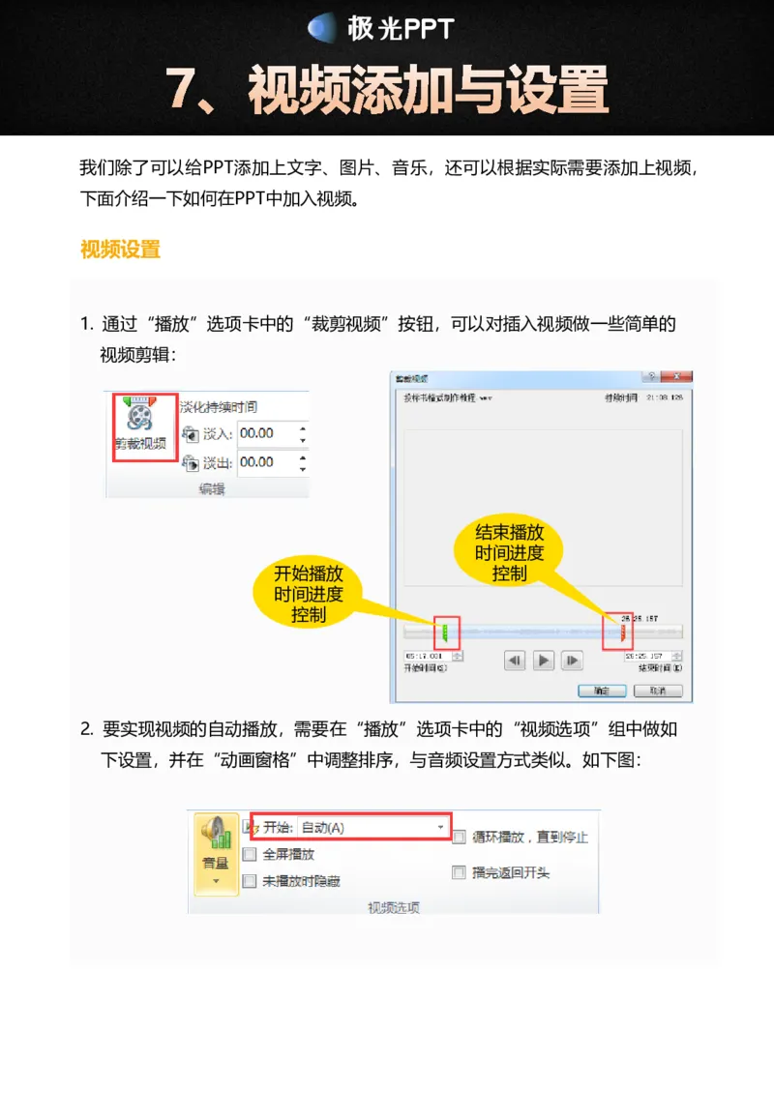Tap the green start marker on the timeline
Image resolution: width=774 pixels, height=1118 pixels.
(x=445, y=633)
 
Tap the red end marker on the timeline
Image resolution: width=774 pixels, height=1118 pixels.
(x=621, y=633)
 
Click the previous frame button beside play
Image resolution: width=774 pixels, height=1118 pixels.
(x=515, y=661)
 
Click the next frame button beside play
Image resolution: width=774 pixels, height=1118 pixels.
(x=574, y=661)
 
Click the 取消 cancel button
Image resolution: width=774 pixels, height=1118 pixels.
(x=658, y=691)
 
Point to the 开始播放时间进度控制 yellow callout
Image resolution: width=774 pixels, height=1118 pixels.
(x=308, y=593)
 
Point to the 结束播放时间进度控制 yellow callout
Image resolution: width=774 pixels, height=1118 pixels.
(x=510, y=552)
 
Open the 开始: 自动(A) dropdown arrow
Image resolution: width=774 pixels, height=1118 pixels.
(x=441, y=828)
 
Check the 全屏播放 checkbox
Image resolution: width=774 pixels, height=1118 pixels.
(x=250, y=854)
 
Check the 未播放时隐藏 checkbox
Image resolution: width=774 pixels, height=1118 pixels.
(x=250, y=881)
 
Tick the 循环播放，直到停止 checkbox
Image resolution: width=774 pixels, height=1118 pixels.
(x=460, y=837)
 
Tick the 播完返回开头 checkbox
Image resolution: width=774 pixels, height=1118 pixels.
(x=460, y=872)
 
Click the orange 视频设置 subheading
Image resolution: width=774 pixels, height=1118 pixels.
(x=120, y=250)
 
